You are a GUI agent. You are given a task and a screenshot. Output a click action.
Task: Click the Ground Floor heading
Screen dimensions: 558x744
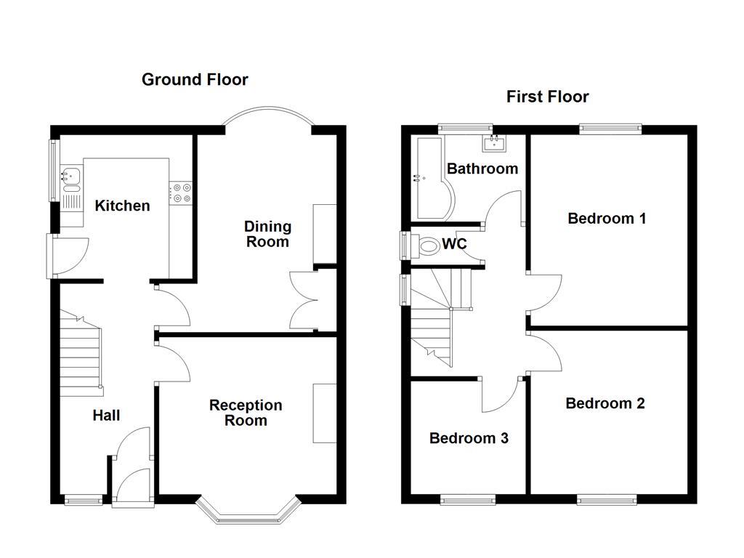pyautogui.click(x=195, y=79)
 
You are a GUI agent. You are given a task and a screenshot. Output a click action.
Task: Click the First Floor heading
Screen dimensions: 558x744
pyautogui.click(x=547, y=97)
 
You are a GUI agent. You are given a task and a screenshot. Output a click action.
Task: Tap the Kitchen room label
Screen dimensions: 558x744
pyautogui.click(x=122, y=206)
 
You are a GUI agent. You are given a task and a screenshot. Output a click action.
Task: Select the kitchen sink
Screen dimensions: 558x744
pyautogui.click(x=71, y=174)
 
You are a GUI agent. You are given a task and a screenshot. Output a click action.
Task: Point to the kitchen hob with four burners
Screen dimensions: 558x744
pyautogui.click(x=181, y=193)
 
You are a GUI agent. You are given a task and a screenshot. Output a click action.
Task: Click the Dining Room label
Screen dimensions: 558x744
pyautogui.click(x=267, y=234)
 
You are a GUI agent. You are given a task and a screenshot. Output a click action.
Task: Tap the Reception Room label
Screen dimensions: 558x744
pyautogui.click(x=246, y=413)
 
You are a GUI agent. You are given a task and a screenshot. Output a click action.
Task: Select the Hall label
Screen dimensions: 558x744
pyautogui.click(x=106, y=416)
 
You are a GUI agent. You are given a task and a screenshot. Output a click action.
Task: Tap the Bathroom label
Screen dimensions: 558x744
pyautogui.click(x=482, y=169)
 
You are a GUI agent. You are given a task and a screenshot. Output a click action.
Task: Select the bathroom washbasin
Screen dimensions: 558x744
pyautogui.click(x=497, y=142)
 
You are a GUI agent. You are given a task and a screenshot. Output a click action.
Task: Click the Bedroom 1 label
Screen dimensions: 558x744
pyautogui.click(x=607, y=218)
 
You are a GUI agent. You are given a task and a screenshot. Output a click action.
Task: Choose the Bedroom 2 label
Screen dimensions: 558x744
pyautogui.click(x=605, y=403)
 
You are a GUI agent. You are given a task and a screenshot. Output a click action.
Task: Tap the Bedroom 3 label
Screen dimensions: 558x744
pyautogui.click(x=469, y=438)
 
